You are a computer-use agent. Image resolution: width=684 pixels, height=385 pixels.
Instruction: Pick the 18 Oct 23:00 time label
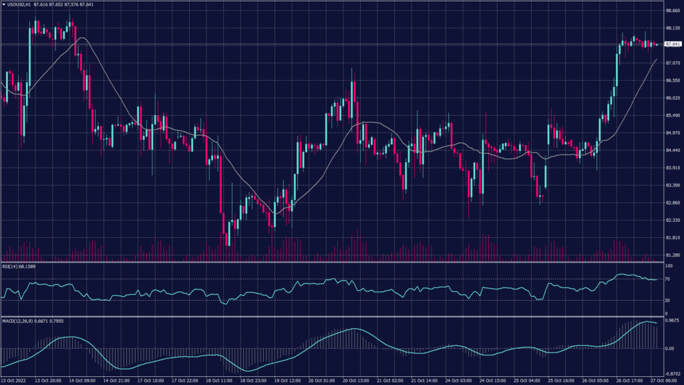[253, 381]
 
